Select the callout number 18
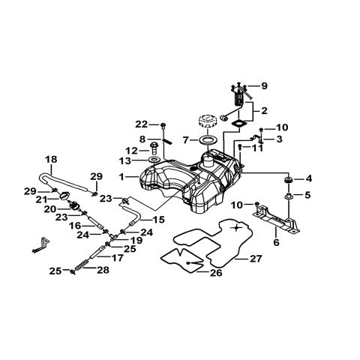[x=51, y=159]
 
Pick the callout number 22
[x=141, y=124]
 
